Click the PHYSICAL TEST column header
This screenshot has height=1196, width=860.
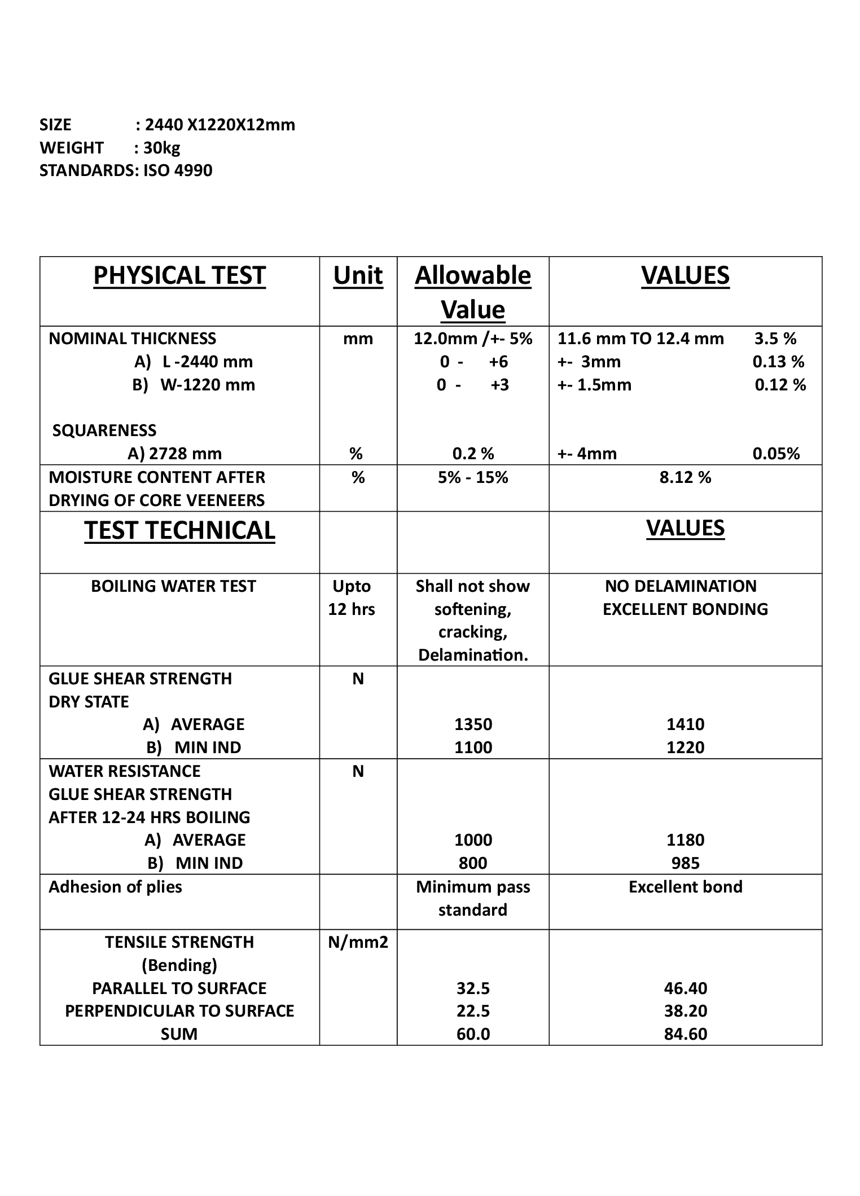179,276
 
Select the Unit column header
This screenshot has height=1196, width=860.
358,276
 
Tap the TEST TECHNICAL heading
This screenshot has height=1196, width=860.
179,531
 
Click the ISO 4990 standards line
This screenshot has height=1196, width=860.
126,170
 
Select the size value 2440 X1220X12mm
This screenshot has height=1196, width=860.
220,125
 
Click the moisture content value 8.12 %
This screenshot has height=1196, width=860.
685,478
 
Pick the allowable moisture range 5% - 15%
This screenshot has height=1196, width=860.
473,478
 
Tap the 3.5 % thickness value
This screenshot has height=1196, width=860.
775,339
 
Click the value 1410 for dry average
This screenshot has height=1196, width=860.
685,724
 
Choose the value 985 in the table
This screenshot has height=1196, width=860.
685,863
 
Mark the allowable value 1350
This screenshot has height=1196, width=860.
473,724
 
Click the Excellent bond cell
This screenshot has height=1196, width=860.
685,887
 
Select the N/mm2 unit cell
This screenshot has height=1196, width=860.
358,942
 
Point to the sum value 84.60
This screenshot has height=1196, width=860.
685,1034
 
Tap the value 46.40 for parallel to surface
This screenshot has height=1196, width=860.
685,988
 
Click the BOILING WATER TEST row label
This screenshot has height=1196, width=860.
173,587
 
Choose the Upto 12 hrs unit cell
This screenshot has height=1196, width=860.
352,598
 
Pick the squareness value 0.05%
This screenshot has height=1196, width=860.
776,454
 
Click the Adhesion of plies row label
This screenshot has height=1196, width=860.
115,887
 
